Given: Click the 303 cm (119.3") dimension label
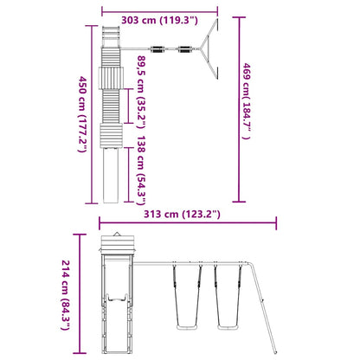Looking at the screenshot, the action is pos(159,21).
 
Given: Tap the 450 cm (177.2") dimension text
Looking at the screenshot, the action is pos(83,114).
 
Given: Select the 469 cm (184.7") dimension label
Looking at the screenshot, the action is pos(246,101).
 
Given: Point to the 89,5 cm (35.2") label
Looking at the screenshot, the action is pos(142,92).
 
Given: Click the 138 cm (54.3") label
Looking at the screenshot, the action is pos(142,170).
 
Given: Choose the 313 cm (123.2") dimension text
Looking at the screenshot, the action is pos(182,215).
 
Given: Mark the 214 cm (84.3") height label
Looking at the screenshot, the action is pos(66,295).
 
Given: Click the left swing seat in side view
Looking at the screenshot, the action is pos(187,327).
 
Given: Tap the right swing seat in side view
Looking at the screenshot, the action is pos(228,327).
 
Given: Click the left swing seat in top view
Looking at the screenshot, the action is pos(157,49).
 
